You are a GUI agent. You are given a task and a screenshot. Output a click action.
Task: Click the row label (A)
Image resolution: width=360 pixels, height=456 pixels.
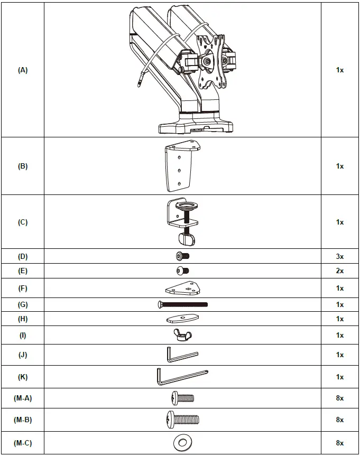(x=22, y=70)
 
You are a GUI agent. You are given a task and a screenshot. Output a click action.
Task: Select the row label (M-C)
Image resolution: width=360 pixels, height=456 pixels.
(x=22, y=443)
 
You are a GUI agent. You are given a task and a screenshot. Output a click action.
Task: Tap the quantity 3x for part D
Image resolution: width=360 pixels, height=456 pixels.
(x=339, y=257)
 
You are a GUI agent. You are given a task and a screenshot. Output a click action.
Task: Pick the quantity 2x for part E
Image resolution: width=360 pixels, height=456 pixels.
(x=339, y=271)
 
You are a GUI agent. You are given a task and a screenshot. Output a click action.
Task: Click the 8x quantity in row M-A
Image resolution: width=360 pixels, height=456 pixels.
(x=339, y=398)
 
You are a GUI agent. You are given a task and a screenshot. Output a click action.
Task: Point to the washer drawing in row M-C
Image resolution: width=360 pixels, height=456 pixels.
(x=182, y=442)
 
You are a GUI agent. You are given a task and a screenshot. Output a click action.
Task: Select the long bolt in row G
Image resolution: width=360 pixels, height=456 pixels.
(x=182, y=304)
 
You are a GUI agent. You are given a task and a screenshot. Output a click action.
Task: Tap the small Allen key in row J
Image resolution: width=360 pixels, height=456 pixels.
(x=181, y=355)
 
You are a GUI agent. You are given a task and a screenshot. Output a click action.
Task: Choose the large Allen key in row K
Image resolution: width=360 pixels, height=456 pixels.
(x=180, y=377)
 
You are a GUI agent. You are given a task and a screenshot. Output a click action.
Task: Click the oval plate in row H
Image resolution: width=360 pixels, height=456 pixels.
(x=182, y=319)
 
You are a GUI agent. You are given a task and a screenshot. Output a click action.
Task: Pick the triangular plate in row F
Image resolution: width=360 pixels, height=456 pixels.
(x=182, y=289)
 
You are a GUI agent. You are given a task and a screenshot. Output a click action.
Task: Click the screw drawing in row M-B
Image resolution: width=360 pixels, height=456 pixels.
(x=182, y=420)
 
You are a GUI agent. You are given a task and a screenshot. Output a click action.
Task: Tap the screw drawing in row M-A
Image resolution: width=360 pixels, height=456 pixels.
(x=182, y=398)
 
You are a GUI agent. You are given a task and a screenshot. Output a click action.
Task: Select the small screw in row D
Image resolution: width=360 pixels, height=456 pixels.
(x=182, y=256)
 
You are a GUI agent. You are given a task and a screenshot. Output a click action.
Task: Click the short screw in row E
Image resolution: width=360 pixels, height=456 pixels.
(x=182, y=271)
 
